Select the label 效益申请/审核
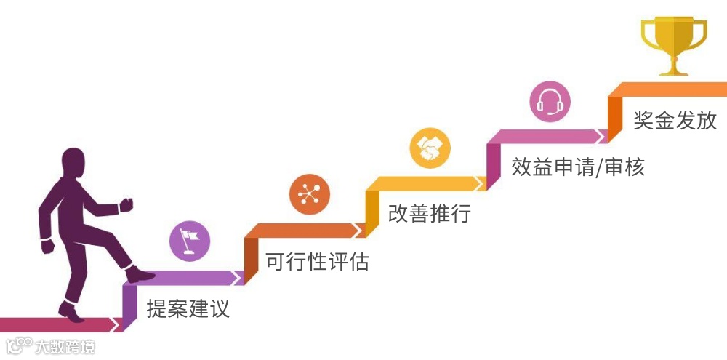(578, 167)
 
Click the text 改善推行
(430, 213)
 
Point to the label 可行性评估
(318, 260)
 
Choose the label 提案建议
(188, 308)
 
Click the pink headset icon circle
(550, 102)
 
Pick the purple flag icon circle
(190, 242)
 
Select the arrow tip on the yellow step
(481, 183)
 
